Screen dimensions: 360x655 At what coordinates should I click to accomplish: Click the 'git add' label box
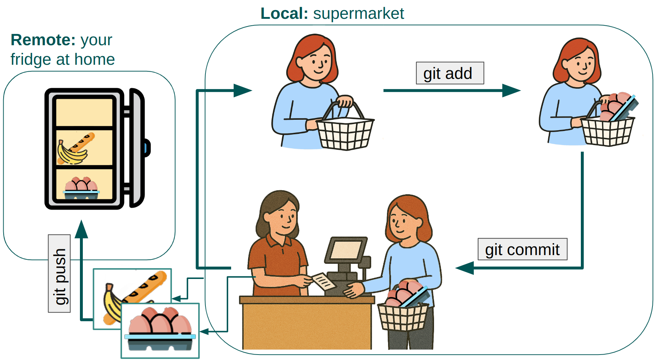click(x=450, y=73)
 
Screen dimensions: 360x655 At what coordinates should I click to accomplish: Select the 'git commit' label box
click(x=522, y=249)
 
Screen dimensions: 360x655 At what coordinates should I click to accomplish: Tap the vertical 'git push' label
click(x=60, y=274)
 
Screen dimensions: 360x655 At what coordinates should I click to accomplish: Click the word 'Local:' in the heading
click(x=284, y=13)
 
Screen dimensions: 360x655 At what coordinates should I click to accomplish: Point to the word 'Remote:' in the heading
click(x=43, y=40)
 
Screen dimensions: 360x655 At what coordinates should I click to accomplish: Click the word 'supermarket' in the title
click(x=358, y=13)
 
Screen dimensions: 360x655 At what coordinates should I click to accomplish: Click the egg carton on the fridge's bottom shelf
click(x=81, y=188)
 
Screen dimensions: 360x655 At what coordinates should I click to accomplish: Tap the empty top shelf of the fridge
click(x=84, y=112)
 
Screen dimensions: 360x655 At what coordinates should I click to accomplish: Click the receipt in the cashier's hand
click(x=323, y=281)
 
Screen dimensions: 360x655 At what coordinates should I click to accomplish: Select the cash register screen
click(x=346, y=250)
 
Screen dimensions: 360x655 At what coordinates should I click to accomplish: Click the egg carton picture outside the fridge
click(x=160, y=330)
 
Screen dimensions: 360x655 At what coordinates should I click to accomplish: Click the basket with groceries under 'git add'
click(x=608, y=128)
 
